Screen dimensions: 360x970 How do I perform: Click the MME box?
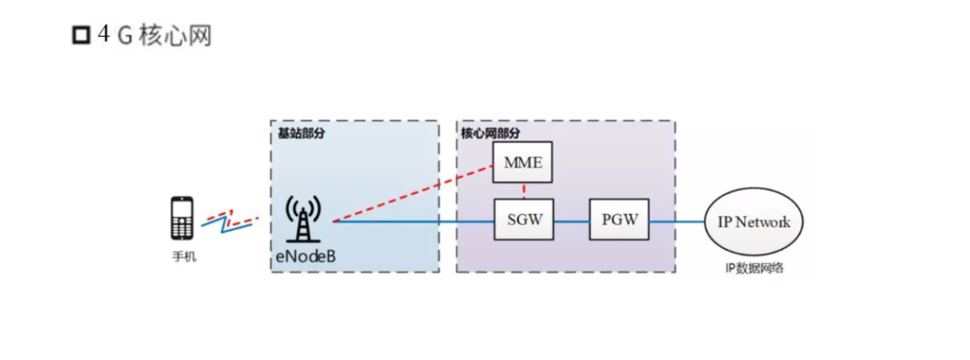(x=523, y=164)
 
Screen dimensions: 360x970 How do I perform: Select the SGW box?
(x=524, y=220)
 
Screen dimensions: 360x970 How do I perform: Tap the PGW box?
(x=619, y=220)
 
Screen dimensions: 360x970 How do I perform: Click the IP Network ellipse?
(x=754, y=221)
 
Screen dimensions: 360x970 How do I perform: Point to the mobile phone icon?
(x=182, y=218)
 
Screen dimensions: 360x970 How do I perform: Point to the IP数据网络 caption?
(x=754, y=268)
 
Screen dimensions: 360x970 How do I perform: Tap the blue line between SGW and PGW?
(x=572, y=221)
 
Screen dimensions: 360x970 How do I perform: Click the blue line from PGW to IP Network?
(x=676, y=221)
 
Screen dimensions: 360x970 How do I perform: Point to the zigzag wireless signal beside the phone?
(x=229, y=220)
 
